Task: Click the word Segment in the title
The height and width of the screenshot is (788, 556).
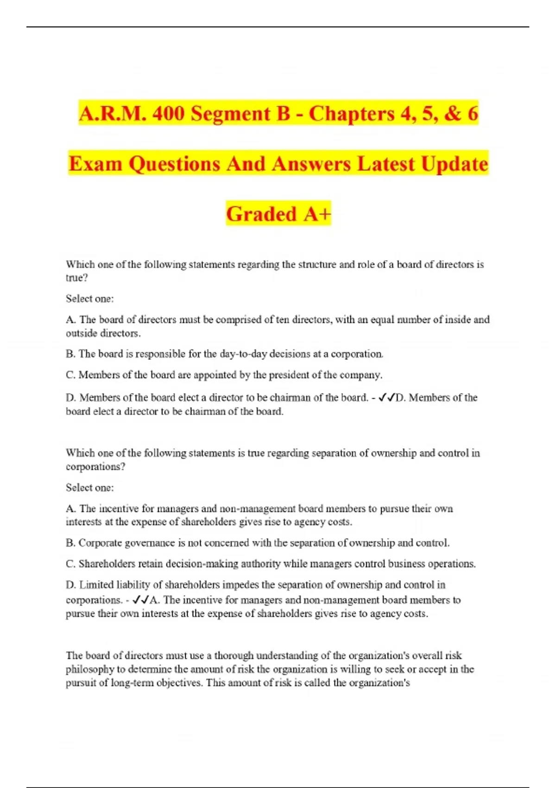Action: [230, 114]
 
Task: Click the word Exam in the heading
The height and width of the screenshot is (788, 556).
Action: [95, 164]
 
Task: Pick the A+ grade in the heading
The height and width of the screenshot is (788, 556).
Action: [317, 214]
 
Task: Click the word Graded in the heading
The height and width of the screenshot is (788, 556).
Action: [261, 214]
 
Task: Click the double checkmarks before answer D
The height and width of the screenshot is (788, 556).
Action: [386, 398]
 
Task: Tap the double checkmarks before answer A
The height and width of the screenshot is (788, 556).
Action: [140, 600]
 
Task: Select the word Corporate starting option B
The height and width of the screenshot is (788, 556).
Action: [101, 543]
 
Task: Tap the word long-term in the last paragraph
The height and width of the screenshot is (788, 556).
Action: [131, 683]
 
